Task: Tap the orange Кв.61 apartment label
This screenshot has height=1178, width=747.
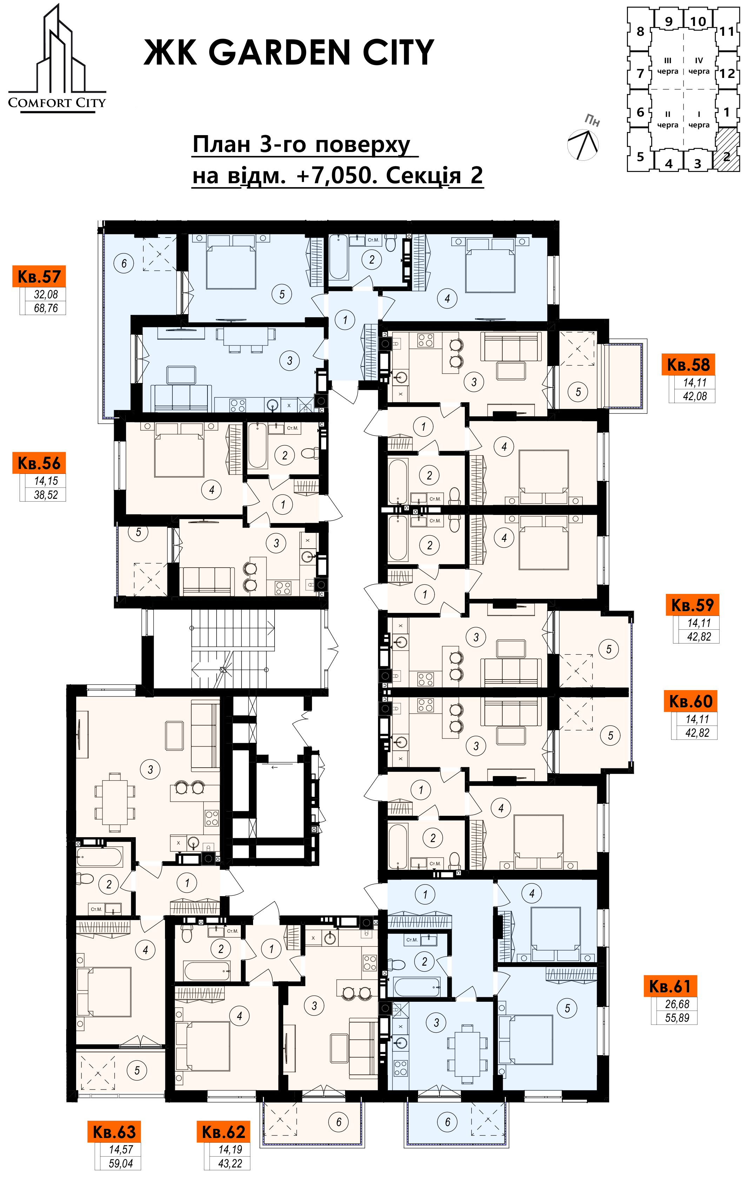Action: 670,986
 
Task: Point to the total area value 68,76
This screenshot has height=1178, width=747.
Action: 46,308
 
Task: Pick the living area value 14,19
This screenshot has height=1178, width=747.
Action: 230,1150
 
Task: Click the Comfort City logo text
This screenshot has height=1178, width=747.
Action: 57,103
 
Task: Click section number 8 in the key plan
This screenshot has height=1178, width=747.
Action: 640,31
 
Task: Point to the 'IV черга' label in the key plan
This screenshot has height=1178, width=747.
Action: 699,66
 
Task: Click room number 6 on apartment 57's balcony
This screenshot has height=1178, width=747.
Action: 124,263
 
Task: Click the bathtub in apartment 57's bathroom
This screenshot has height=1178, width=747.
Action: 338,257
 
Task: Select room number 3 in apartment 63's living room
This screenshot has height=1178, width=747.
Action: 150,769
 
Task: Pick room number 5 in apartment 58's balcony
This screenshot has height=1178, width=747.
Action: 578,391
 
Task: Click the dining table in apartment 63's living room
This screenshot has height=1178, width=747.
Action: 114,802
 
